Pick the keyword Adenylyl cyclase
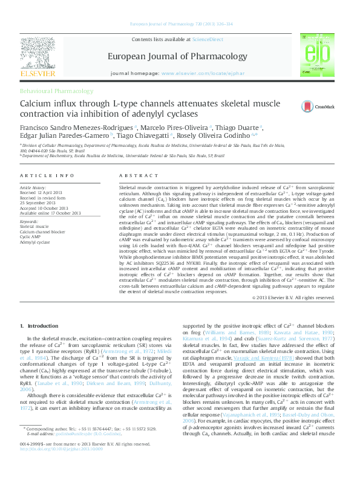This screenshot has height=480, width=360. click(x=34, y=242)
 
